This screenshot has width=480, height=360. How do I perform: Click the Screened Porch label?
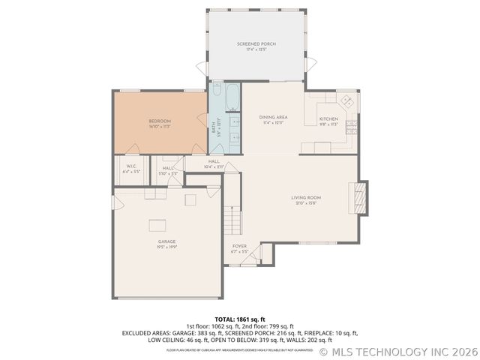(x=256, y=44)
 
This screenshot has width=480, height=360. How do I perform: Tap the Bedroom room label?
(x=160, y=121)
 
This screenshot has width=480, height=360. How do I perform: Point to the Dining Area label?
(x=273, y=118)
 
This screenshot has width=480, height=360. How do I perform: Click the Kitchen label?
(x=328, y=119)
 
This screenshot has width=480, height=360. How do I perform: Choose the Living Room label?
(x=306, y=198)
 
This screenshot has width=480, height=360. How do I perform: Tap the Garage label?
(x=166, y=241)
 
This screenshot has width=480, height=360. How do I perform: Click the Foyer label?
(x=239, y=246)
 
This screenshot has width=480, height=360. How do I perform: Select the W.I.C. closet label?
(x=130, y=166)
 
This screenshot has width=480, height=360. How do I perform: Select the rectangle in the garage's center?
(x=157, y=224)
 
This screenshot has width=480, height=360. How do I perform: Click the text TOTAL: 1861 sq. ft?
(x=240, y=319)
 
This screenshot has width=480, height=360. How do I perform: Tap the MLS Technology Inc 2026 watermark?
(x=397, y=351)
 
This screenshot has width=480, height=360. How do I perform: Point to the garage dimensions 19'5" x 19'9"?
(x=166, y=247)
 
